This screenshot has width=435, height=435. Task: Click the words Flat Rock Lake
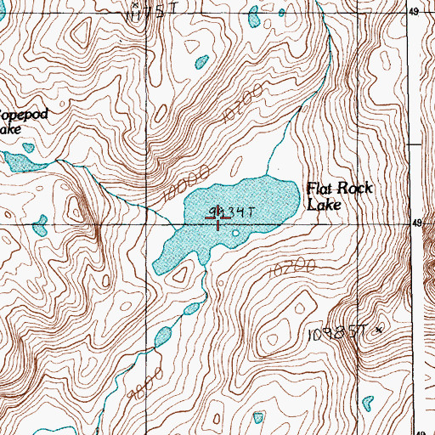[339, 196]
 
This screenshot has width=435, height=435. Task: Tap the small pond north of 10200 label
[201, 61]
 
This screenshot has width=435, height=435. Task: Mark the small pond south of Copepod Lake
[40, 225]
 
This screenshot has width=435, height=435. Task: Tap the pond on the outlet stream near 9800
[162, 336]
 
